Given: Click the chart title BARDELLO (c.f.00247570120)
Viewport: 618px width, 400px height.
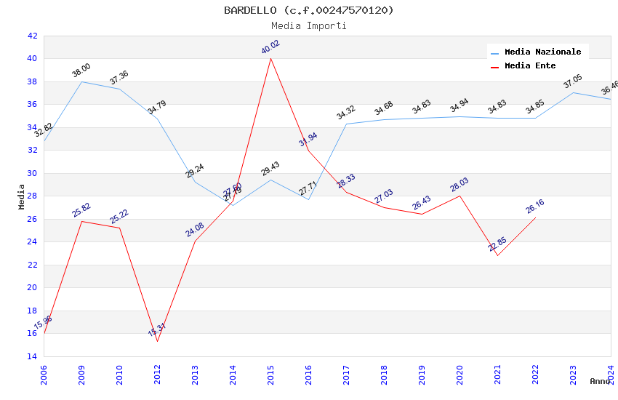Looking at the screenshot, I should coord(309,10).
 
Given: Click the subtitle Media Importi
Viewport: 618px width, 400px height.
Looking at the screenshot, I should coord(309,25).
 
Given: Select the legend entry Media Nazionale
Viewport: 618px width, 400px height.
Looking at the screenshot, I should coord(542,52).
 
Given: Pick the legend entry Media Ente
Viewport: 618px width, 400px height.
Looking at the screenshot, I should coord(530,65).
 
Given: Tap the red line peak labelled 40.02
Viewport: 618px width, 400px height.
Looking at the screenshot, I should coord(270,57).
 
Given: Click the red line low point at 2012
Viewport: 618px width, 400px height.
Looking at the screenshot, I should coord(157,341).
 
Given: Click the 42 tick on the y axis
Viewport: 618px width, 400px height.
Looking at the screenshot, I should coord(31,36).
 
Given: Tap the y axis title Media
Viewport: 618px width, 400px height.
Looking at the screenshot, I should coord(22,196).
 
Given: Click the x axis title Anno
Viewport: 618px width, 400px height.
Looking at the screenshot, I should coord(600,381).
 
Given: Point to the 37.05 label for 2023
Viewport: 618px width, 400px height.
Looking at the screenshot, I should coord(573,81).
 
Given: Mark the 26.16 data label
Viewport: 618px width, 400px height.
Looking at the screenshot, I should coord(535,207).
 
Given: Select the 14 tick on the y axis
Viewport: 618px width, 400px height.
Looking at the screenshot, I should coord(31,356).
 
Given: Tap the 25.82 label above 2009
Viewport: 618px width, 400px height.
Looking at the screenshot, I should coord(81,210).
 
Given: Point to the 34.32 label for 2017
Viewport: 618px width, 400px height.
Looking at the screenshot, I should coord(346,113).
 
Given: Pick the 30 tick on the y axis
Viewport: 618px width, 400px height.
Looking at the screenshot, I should coord(31,173).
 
